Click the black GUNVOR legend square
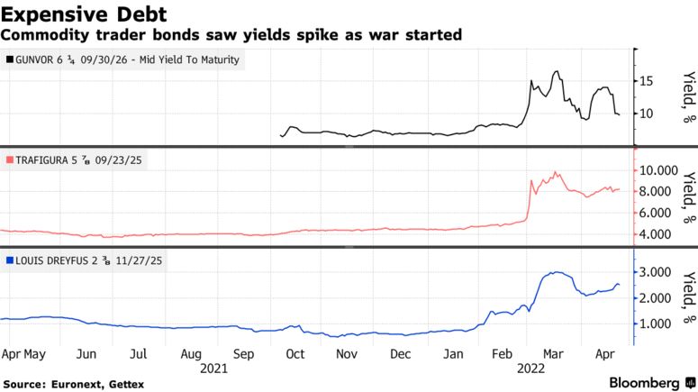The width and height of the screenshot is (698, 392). (x=9, y=59)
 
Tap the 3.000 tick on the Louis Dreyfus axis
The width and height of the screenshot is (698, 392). (x=658, y=272)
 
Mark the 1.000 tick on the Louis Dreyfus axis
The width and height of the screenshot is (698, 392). (x=658, y=324)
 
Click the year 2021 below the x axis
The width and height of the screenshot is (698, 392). (x=213, y=368)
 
